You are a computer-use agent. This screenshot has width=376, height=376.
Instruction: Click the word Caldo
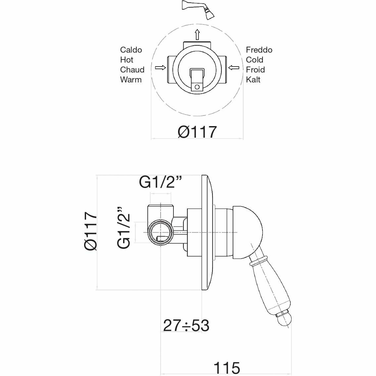pyautogui.click(x=131, y=50)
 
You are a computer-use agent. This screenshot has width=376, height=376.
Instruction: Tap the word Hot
pyautogui.click(x=127, y=60)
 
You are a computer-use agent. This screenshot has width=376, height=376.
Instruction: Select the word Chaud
pyautogui.click(x=132, y=70)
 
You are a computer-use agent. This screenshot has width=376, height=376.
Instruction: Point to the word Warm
pyautogui.click(x=131, y=80)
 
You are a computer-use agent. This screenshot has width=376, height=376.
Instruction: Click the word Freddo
pyautogui.click(x=259, y=50)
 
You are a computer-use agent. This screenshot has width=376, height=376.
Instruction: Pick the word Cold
pyautogui.click(x=255, y=60)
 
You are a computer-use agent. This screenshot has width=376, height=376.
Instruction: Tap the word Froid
pyautogui.click(x=255, y=70)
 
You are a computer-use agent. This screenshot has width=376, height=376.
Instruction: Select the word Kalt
pyautogui.click(x=253, y=80)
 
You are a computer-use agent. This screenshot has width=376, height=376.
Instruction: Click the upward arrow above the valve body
pyautogui.click(x=197, y=34)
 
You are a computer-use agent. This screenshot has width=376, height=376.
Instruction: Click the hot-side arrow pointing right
pyautogui.click(x=161, y=68)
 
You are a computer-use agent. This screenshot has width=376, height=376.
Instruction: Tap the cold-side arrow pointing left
pyautogui.click(x=234, y=68)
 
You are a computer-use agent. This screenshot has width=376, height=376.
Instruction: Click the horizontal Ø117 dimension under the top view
pyautogui.click(x=197, y=132)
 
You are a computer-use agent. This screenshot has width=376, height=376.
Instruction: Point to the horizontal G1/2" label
pyautogui.click(x=161, y=182)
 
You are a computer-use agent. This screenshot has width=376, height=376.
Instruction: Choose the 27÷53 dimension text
pyautogui.click(x=186, y=326)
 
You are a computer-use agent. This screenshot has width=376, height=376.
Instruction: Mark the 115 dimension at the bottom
pyautogui.click(x=226, y=368)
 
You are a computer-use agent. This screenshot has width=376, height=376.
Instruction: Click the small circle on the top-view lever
pyautogui.click(x=197, y=87)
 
